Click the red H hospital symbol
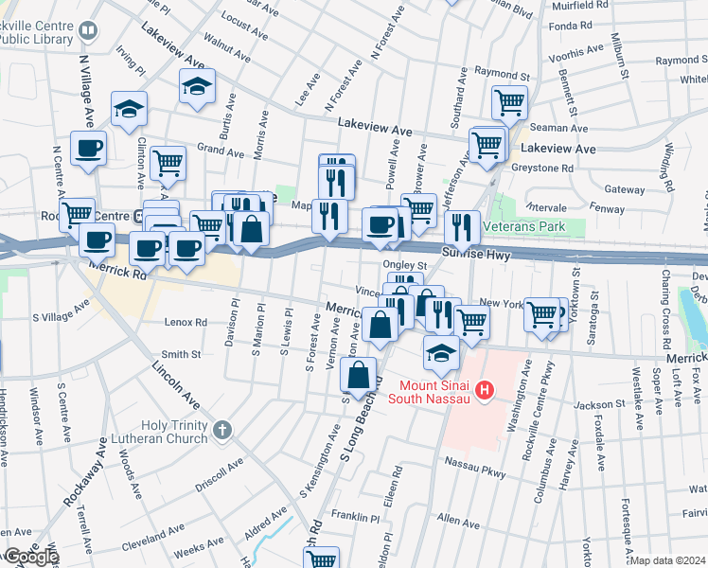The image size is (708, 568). click(x=485, y=389)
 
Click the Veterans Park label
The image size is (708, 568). click(x=523, y=227)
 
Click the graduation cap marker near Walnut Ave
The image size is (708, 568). click(x=197, y=87)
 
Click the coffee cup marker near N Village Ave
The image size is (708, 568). click(x=88, y=149)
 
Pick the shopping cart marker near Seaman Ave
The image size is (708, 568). click(x=509, y=101)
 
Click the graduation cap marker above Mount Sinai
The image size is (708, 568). click(x=441, y=354)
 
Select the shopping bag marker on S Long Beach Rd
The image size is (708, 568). click(x=359, y=377)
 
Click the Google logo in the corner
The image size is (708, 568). click(x=29, y=558)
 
